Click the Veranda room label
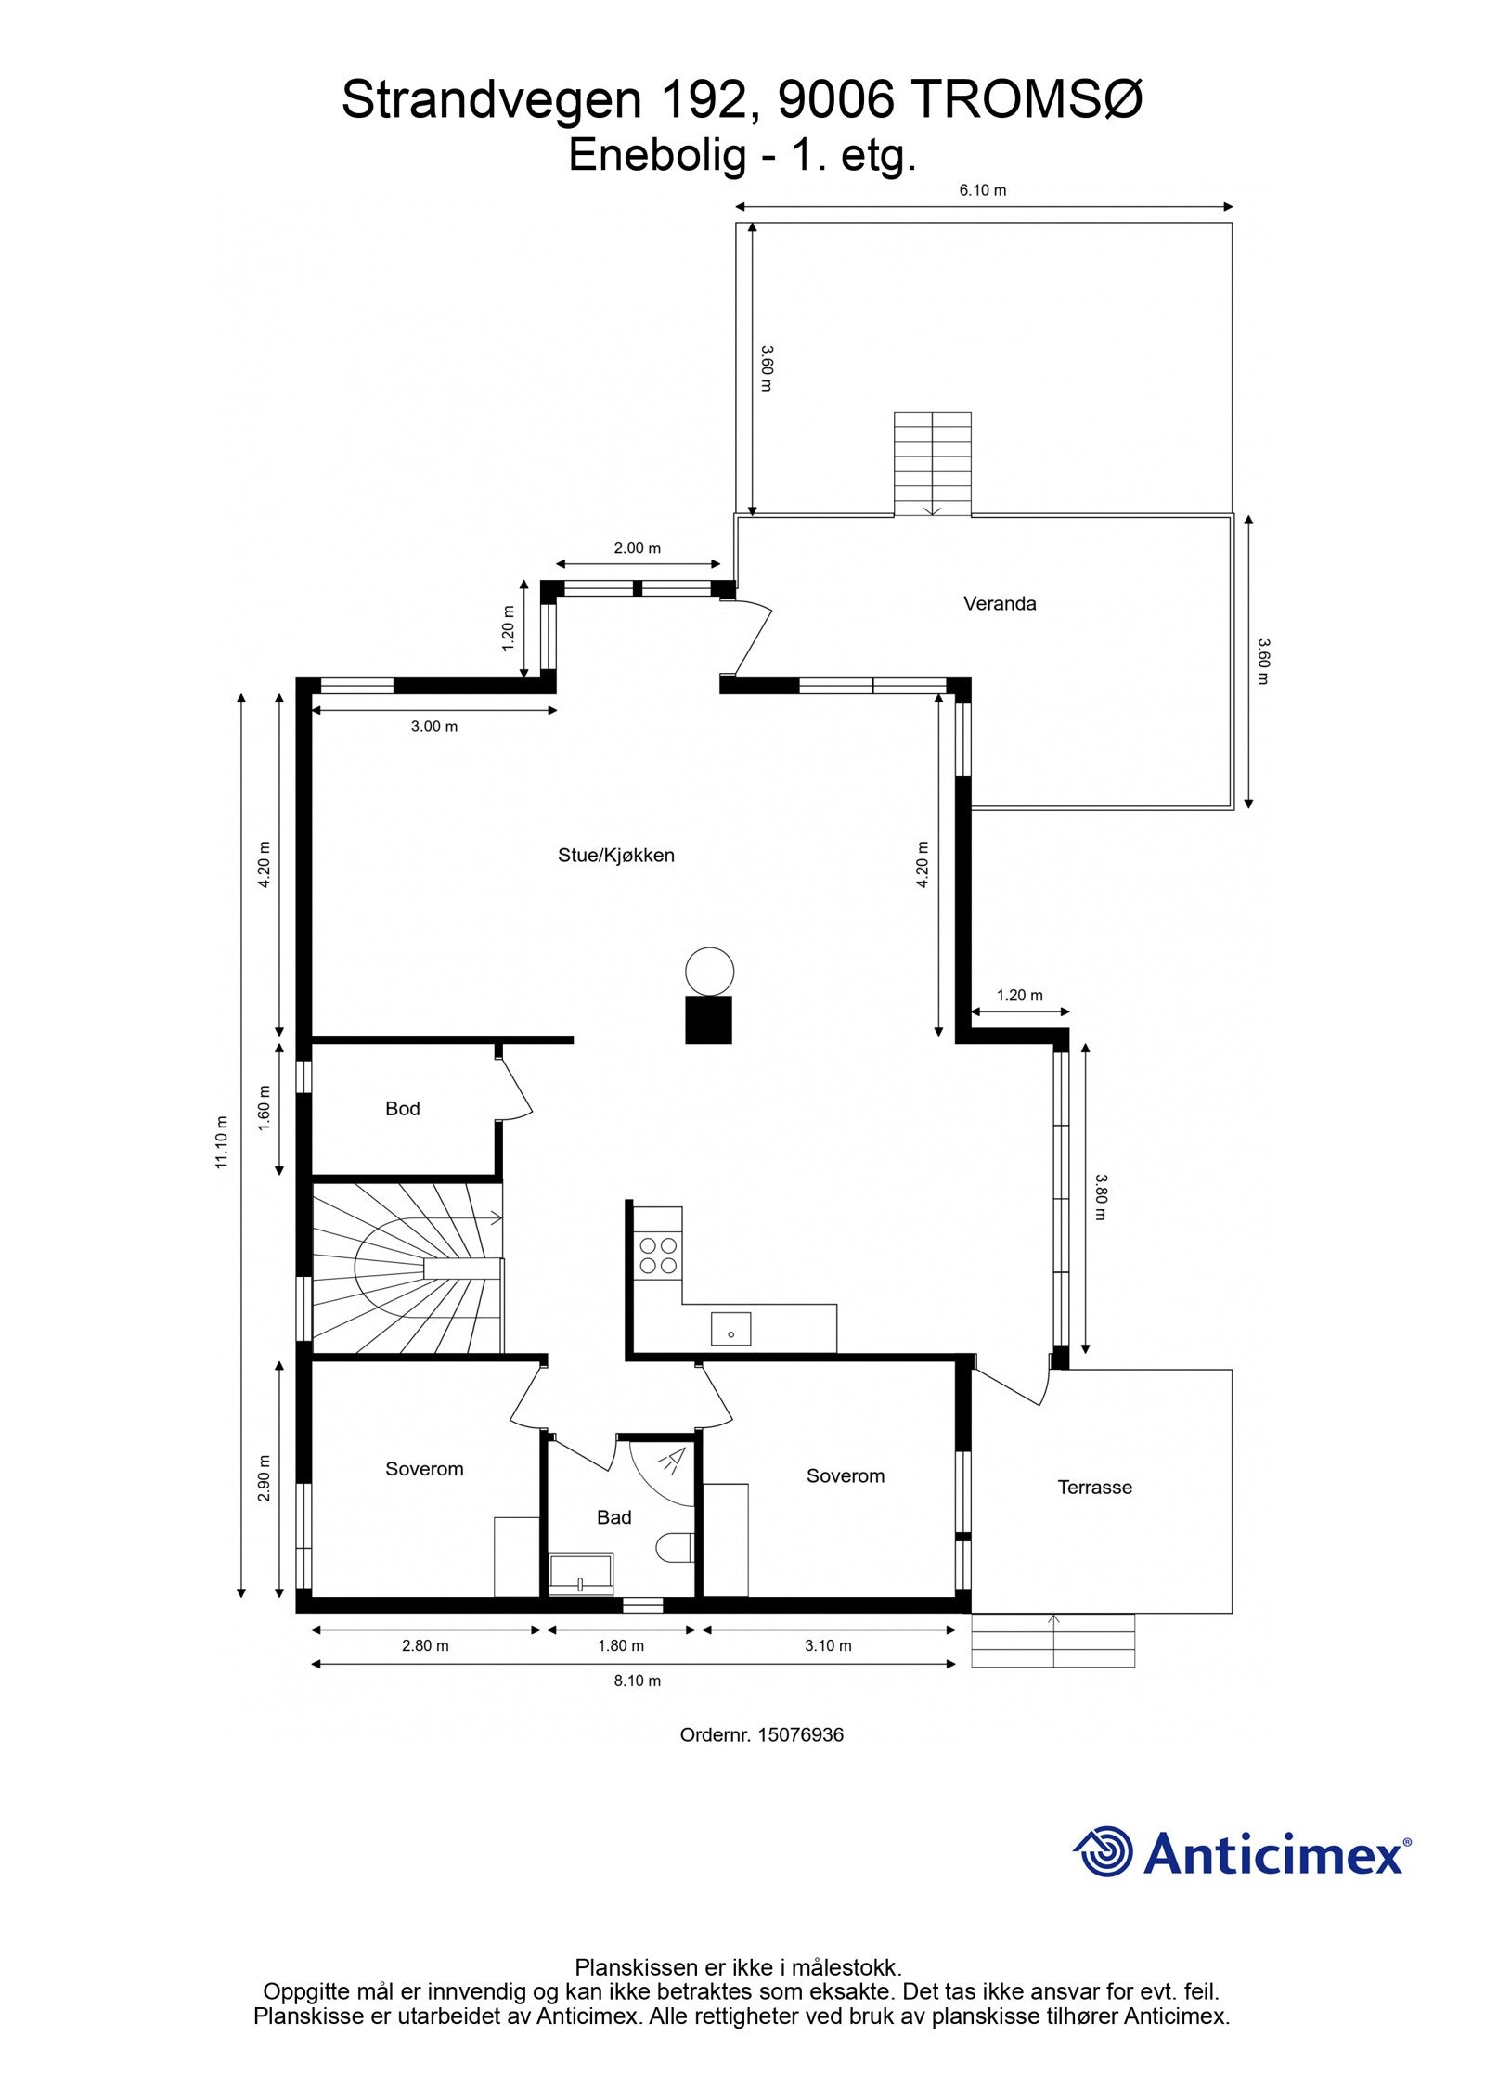999,603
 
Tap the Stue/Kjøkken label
615,855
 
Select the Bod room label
402,1108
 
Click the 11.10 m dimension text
221,1141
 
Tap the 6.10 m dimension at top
982,190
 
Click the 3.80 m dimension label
1100,1197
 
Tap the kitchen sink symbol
730,1328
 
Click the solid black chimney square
709,1019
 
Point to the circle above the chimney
709,971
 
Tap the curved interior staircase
406,1267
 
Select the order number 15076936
800,1734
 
